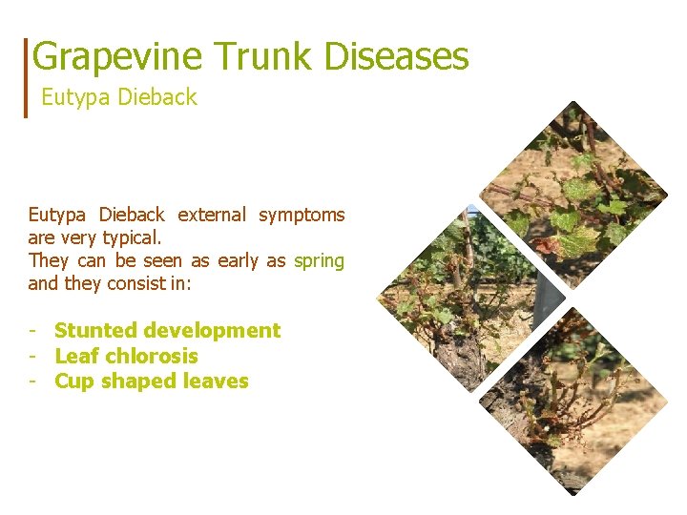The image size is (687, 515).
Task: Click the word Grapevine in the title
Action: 117,56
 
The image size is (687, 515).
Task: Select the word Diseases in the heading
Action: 397,56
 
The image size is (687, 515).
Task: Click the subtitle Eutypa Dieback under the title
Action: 119,97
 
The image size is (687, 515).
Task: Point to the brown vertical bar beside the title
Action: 27,77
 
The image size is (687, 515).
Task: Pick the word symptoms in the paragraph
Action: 302,215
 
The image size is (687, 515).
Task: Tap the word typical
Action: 135,237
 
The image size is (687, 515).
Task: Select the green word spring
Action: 320,260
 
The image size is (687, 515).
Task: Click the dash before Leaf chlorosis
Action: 33,357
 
